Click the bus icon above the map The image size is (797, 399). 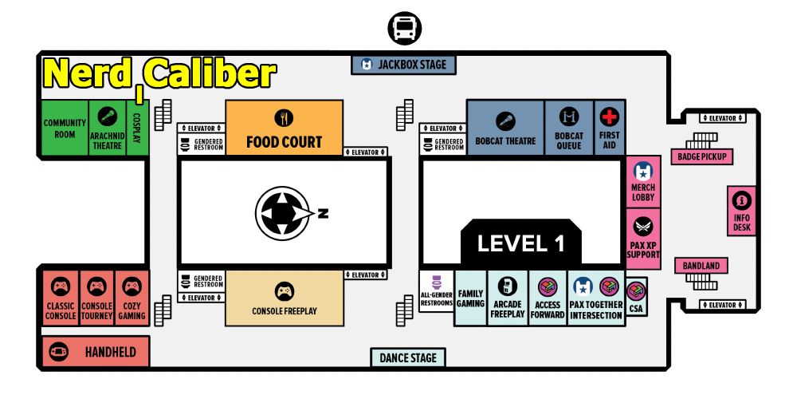pyautogui.click(x=404, y=29)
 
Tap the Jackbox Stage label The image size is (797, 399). pyautogui.click(x=404, y=64)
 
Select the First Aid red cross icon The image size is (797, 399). pyautogui.click(x=610, y=117)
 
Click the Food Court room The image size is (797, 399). pyautogui.click(x=284, y=127)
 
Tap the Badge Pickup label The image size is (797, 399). pyautogui.click(x=701, y=156)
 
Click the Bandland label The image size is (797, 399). pyautogui.click(x=701, y=266)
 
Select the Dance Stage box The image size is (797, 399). pyautogui.click(x=408, y=358)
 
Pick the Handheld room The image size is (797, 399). pyautogui.click(x=95, y=351)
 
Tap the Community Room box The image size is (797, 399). pyautogui.click(x=65, y=128)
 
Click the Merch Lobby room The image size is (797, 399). pyautogui.click(x=643, y=182)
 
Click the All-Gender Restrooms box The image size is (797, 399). pyautogui.click(x=436, y=291)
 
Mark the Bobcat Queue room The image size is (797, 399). pyautogui.click(x=568, y=127)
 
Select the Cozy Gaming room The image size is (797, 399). pyautogui.click(x=132, y=298)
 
